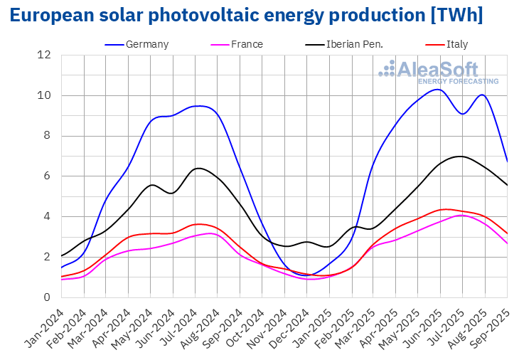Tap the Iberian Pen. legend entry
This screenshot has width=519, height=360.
354,44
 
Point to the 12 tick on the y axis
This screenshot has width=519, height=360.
44,55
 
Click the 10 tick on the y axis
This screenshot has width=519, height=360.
44,95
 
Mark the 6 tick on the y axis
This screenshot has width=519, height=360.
47,176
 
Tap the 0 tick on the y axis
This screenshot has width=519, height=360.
47,297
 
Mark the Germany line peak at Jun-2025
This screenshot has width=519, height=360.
438,89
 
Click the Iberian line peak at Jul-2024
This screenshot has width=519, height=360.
198,168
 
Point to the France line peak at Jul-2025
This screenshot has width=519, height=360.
461,215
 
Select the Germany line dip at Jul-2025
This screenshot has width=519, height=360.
463,114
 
